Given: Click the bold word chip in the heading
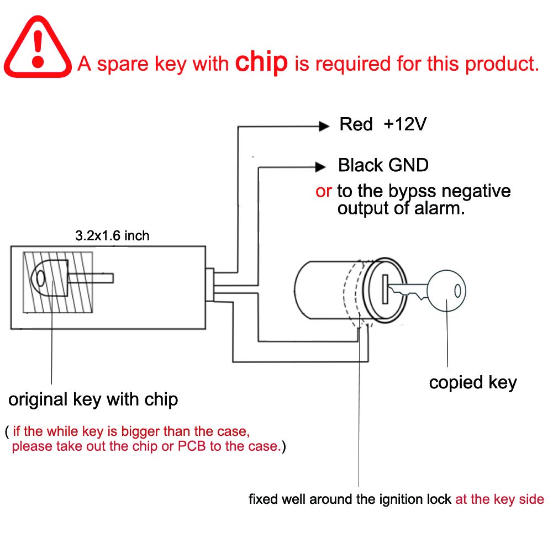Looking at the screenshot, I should click(x=262, y=63).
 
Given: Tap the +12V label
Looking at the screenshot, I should click(x=405, y=124).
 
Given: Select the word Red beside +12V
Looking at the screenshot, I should click(x=356, y=124).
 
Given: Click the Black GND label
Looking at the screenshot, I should click(x=383, y=165).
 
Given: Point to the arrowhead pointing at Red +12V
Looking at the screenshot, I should click(x=324, y=126).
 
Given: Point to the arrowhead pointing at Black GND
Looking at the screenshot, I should click(x=320, y=166).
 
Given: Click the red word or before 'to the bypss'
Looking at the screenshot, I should click(x=324, y=191).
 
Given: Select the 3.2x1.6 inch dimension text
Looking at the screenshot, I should click(x=112, y=236).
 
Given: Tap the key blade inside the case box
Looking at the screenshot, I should click(x=91, y=278).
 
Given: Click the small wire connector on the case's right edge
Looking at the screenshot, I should click(x=210, y=285).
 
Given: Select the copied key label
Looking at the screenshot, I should click(x=472, y=382).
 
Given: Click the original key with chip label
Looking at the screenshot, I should click(x=93, y=399).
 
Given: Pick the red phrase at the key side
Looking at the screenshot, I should click(x=499, y=499).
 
